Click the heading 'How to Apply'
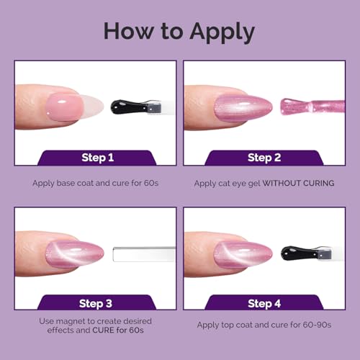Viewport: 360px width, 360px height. click(x=179, y=32)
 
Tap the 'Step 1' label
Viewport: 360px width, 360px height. click(x=97, y=158)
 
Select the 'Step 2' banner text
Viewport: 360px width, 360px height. click(x=264, y=158)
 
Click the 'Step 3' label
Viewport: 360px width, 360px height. click(x=96, y=304)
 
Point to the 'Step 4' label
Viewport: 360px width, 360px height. click(x=264, y=304)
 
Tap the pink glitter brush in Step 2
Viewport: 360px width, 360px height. click(x=312, y=106)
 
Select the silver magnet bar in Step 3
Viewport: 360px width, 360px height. click(x=144, y=254)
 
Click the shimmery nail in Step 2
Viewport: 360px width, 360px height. click(x=243, y=107)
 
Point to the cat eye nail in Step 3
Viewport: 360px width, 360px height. click(x=75, y=254)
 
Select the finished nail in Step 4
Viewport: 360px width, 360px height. click(x=243, y=254)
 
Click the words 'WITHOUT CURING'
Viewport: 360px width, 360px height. click(x=298, y=184)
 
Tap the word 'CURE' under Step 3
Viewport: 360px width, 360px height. click(x=103, y=330)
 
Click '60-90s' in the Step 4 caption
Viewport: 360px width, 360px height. click(x=317, y=325)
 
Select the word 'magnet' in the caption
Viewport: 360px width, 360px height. click(x=71, y=321)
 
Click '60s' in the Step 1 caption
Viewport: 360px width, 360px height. click(x=151, y=183)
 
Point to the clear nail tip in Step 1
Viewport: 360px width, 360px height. click(x=93, y=106)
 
